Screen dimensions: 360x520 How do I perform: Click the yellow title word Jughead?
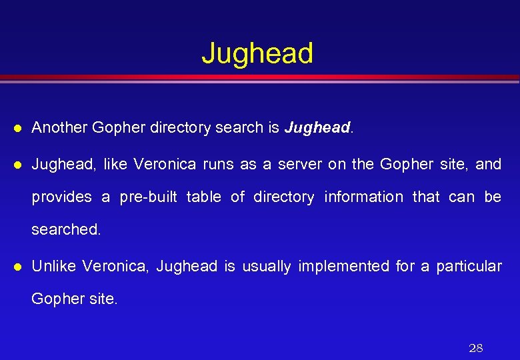pos(257,53)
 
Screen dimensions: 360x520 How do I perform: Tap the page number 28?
pos(476,347)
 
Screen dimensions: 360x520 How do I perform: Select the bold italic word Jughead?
pos(317,127)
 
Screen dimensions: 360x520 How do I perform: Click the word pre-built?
pos(148,197)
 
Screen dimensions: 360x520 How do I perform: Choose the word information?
pos(363,197)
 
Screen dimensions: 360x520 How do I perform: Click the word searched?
pos(66,229)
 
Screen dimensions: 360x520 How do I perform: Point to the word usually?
pos(266,266)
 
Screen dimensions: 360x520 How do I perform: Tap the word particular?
pos(469,267)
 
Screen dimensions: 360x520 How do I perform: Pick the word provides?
pos(61,197)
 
